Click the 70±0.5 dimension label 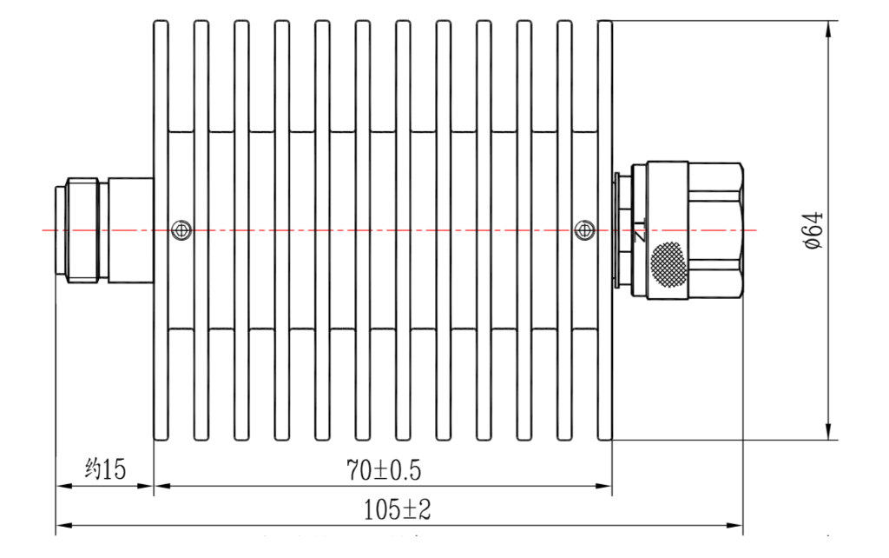point(384,470)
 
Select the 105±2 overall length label point(397,509)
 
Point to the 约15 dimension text point(105,468)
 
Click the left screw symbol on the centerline point(181,230)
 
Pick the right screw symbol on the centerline point(584,230)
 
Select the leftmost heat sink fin point(161,230)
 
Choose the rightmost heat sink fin point(605,230)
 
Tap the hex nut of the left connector point(82,230)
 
